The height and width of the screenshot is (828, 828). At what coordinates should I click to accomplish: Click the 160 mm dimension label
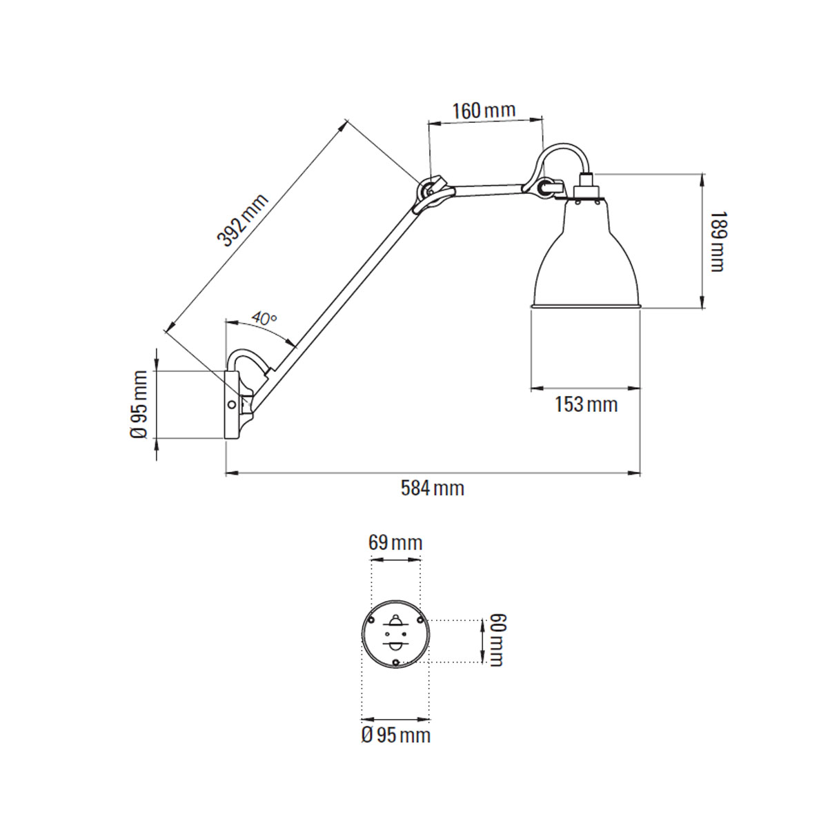(484, 110)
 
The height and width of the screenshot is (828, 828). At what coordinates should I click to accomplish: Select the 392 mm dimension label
(242, 221)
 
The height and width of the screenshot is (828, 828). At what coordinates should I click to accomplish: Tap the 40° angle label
(264, 318)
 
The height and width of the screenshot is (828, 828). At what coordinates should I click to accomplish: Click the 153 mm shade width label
(586, 404)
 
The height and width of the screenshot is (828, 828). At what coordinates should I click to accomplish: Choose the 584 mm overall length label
(433, 489)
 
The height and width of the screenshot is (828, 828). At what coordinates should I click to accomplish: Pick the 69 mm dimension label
(395, 542)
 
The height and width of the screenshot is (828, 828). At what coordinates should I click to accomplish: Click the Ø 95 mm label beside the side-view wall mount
(140, 404)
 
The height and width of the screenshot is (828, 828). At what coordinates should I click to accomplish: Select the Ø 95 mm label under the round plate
(395, 735)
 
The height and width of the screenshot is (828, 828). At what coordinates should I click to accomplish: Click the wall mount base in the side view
(232, 404)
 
